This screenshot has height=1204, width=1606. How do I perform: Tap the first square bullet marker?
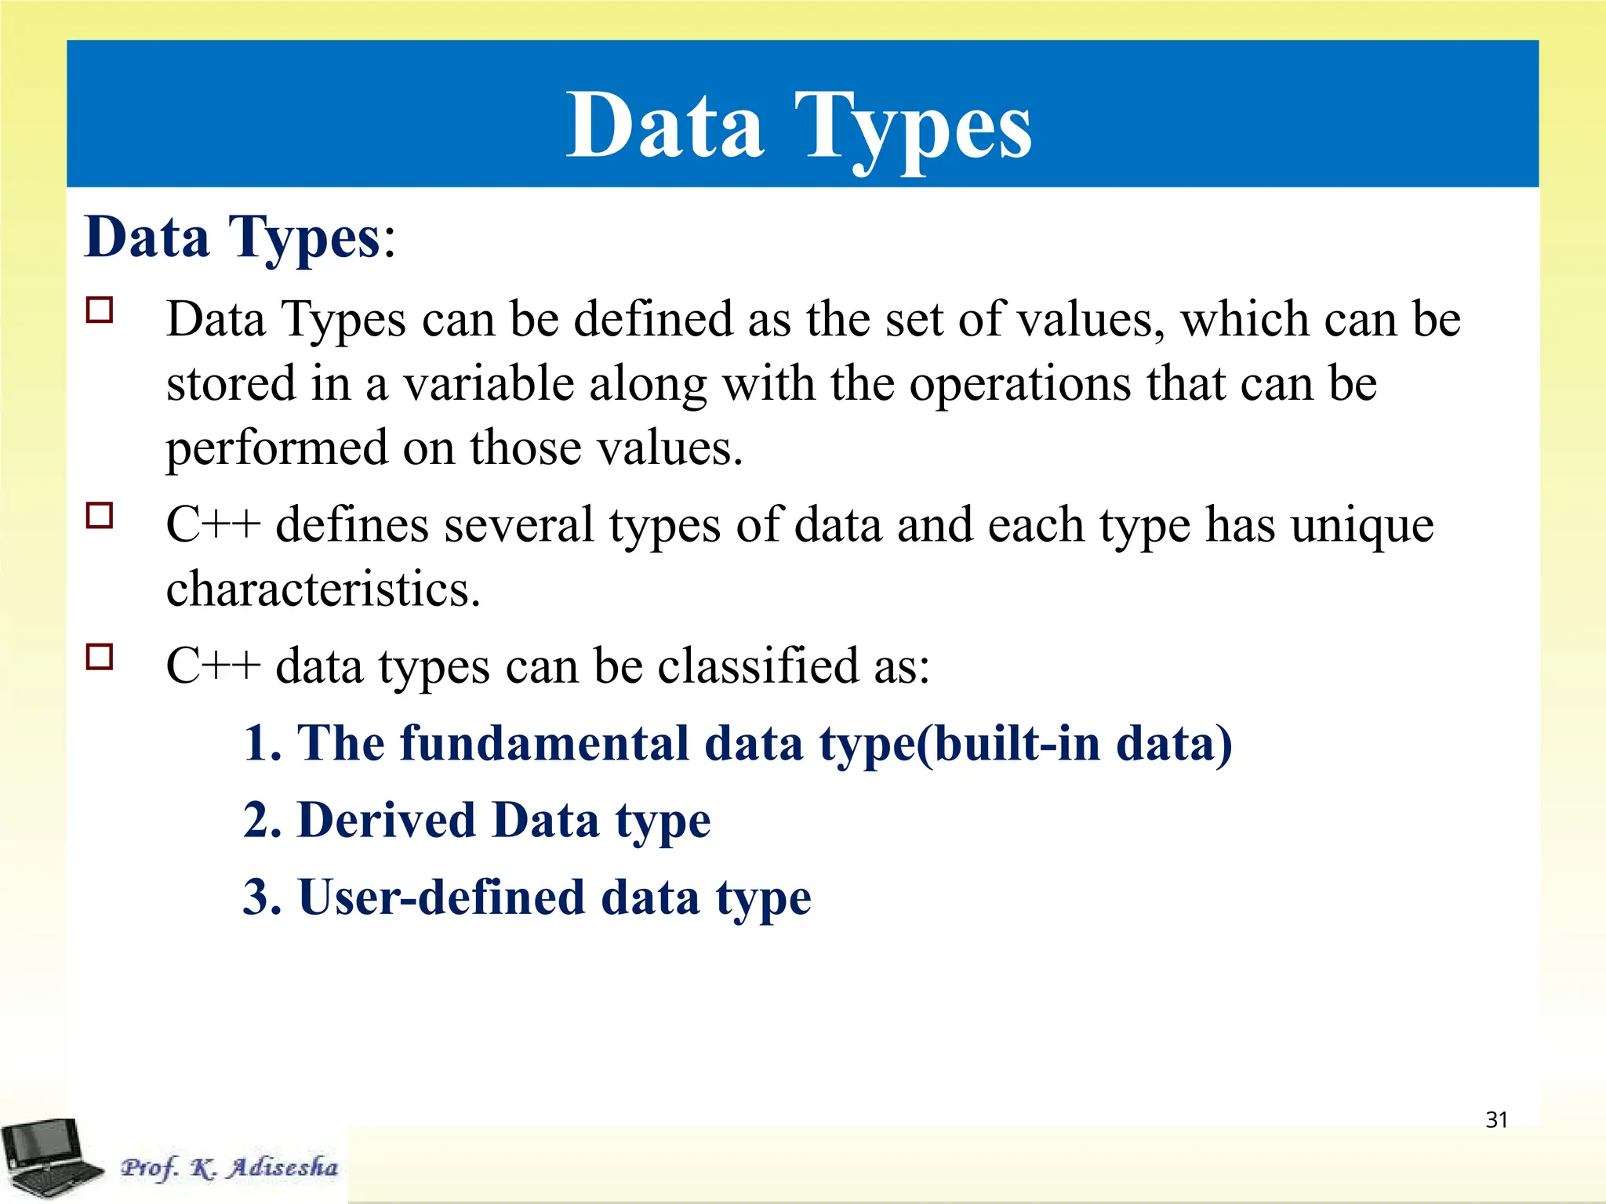pyautogui.click(x=100, y=310)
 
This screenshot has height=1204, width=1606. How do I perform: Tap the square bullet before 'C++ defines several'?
pyautogui.click(x=100, y=516)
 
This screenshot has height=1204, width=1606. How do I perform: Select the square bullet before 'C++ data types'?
pyautogui.click(x=100, y=656)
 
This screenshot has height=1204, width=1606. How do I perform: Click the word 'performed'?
pyautogui.click(x=277, y=449)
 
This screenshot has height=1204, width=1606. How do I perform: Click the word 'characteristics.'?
pyautogui.click(x=323, y=589)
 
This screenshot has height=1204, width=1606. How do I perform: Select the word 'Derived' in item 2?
pyautogui.click(x=388, y=821)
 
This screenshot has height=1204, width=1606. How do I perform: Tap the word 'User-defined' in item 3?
pyautogui.click(x=441, y=898)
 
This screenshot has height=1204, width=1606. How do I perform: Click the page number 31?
pyautogui.click(x=1496, y=1120)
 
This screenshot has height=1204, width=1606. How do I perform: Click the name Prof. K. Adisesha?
pyautogui.click(x=229, y=1167)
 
